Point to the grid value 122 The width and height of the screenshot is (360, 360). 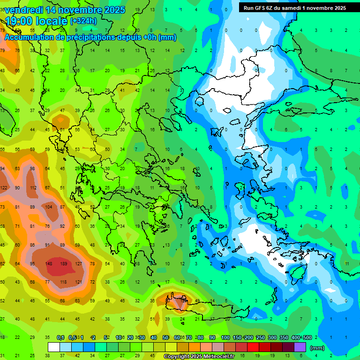[4, 188]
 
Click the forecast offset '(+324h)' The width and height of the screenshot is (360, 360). [83, 21]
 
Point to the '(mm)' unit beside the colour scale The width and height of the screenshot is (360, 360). [317, 348]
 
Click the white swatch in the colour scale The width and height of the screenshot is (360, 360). [54, 347]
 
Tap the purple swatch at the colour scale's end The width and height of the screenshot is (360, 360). [300, 347]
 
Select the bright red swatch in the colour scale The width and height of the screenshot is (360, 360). [253, 347]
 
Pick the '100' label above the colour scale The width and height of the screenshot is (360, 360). [225, 337]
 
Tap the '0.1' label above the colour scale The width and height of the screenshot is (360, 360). [60, 337]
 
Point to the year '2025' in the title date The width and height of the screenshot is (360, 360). [113, 10]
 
